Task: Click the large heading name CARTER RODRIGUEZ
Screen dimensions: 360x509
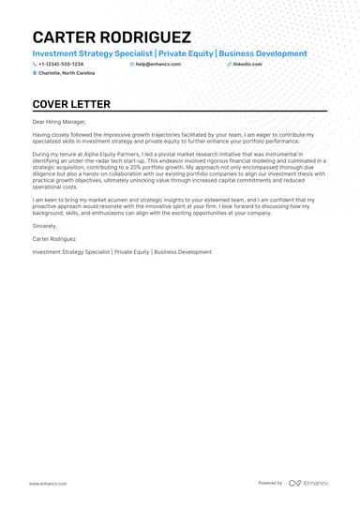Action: pyautogui.click(x=111, y=37)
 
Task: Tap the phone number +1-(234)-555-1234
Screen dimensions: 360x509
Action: pyautogui.click(x=62, y=64)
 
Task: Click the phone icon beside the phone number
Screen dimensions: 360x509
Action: pyautogui.click(x=35, y=64)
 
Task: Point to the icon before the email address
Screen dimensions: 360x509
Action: pyautogui.click(x=132, y=64)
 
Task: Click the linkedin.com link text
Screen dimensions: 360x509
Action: pyautogui.click(x=247, y=64)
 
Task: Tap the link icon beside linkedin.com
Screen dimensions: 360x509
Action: pyautogui.click(x=230, y=64)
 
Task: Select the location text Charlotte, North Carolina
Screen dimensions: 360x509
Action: pyautogui.click(x=67, y=72)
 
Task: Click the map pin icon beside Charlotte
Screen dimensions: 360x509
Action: pyautogui.click(x=35, y=72)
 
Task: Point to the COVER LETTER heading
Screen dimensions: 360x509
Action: pyautogui.click(x=71, y=104)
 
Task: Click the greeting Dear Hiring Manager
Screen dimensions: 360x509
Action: pyautogui.click(x=59, y=122)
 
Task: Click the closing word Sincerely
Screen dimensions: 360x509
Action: pyautogui.click(x=44, y=226)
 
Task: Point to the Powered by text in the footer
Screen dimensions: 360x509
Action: pyautogui.click(x=270, y=483)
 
